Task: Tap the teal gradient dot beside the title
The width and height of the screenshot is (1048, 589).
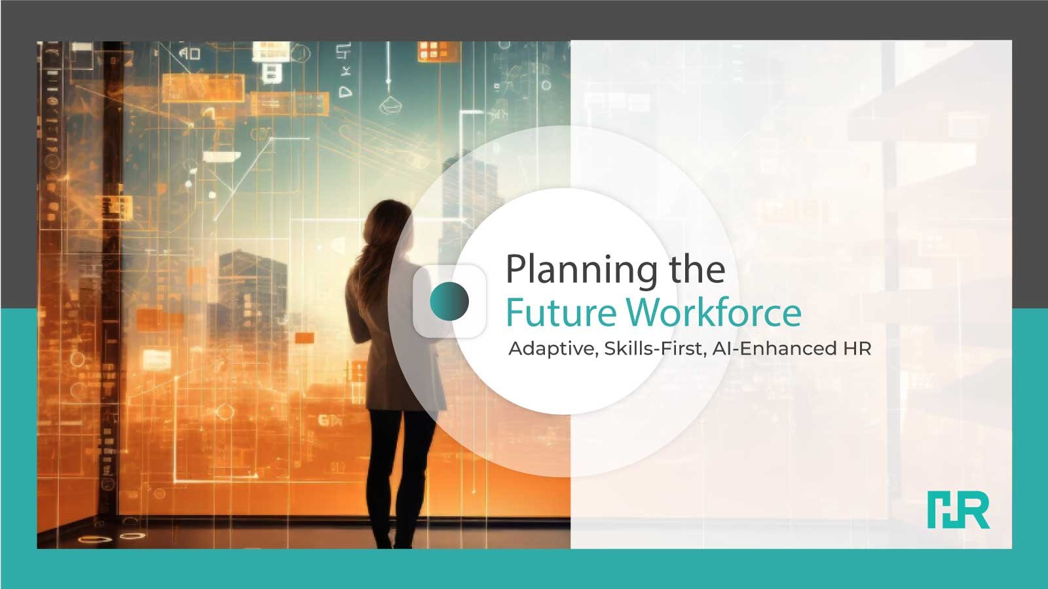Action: [449, 301]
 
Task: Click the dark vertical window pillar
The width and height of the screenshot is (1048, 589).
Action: [112, 281]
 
